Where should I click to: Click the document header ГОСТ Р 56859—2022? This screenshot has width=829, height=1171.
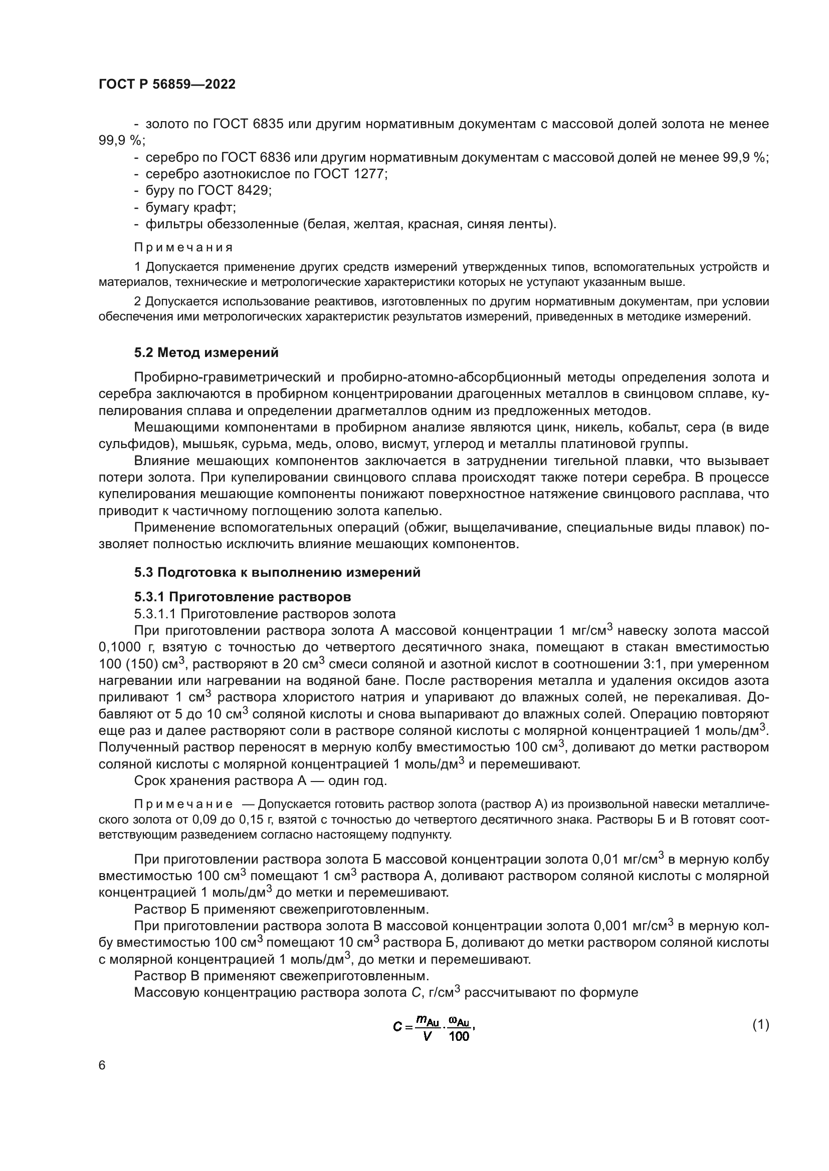167,85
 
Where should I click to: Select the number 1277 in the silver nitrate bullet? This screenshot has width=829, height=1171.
367,174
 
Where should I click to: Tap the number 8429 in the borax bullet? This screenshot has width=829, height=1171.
252,191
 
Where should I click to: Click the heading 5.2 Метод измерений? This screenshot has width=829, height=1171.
206,352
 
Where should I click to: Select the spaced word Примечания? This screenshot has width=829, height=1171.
183,248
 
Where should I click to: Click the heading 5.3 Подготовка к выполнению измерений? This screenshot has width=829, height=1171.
277,572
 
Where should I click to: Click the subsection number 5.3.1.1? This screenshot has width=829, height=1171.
155,614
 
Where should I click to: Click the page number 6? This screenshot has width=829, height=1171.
102,1066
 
